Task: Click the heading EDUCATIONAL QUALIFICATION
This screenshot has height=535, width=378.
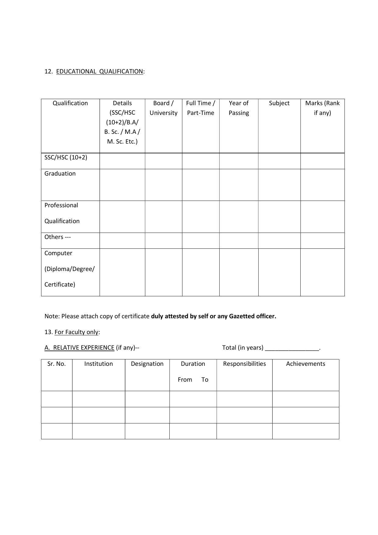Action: click(x=100, y=71)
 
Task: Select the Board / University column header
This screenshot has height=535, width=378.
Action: click(x=163, y=108)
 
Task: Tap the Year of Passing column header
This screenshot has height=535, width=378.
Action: click(x=238, y=108)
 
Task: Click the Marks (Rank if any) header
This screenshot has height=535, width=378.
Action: click(x=322, y=108)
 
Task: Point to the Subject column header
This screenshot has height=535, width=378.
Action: click(x=279, y=103)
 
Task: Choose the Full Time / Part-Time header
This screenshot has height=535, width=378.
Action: click(x=200, y=108)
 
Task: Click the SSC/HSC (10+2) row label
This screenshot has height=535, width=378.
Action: click(x=66, y=157)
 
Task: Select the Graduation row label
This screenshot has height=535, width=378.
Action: click(x=60, y=173)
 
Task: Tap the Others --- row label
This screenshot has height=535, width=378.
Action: click(x=58, y=237)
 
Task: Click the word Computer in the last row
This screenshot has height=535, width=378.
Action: click(x=58, y=253)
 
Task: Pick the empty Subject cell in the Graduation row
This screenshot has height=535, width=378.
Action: click(x=279, y=185)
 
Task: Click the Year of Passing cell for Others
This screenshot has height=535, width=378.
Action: click(x=238, y=241)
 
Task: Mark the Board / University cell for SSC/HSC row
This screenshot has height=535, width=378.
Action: click(x=163, y=161)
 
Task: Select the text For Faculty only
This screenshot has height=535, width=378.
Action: click(x=76, y=332)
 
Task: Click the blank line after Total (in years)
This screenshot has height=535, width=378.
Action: click(x=292, y=348)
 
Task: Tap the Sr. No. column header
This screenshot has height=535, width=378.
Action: click(x=57, y=364)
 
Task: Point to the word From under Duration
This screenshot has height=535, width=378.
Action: click(x=185, y=380)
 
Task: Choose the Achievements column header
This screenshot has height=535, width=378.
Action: click(x=306, y=364)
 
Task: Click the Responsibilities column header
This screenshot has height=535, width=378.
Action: click(x=244, y=364)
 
